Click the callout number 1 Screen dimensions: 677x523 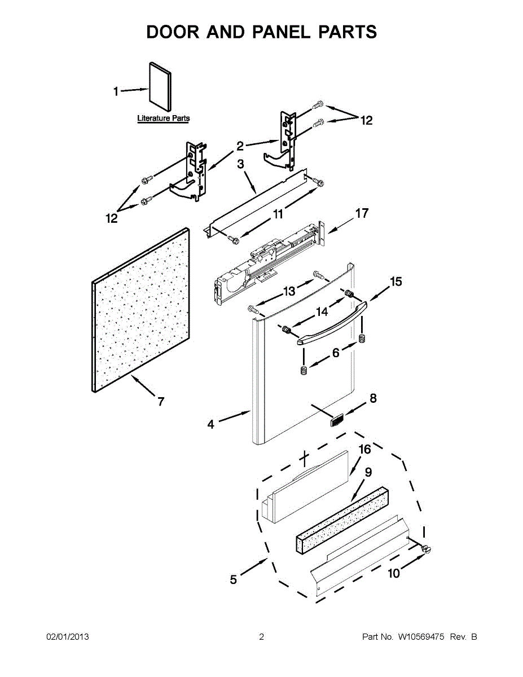coord(116,91)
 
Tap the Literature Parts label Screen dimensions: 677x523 coord(164,118)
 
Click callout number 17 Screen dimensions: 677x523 coord(362,213)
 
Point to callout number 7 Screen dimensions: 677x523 coord(161,402)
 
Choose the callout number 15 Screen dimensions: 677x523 coord(396,282)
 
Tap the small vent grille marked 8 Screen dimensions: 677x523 coord(337,420)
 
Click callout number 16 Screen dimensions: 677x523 coord(365,449)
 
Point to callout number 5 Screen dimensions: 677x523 coord(234,579)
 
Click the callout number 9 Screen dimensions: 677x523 coord(368,472)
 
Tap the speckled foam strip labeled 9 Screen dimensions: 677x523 coord(341,517)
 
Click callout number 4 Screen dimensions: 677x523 coord(210,424)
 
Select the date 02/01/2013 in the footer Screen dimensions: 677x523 coord(67,637)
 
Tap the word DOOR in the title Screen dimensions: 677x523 coord(172,32)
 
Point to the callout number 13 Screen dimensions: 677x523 coord(289,291)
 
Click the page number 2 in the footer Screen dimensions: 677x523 coord(261,637)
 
